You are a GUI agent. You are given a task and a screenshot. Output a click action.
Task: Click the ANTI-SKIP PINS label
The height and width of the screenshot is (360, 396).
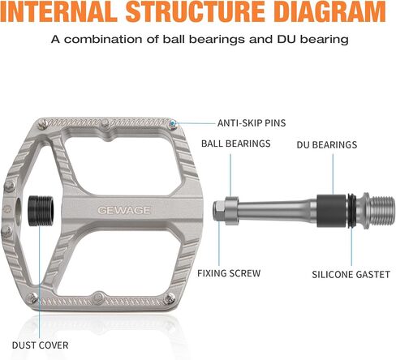tap(252, 123)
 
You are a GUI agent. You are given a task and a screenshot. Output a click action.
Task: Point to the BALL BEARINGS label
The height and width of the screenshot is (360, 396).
tap(236, 144)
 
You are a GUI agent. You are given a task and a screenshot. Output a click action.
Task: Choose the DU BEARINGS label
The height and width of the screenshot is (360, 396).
tap(327, 145)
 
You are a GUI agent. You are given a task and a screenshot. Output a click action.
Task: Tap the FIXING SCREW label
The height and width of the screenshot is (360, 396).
tap(229, 273)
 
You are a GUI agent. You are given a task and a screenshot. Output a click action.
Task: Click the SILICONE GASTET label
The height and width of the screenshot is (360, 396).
tap(351, 275)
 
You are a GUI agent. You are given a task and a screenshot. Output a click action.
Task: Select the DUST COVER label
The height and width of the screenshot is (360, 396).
tap(41, 345)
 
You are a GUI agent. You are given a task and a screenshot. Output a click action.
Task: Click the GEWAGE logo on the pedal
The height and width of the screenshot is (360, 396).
tap(124, 210)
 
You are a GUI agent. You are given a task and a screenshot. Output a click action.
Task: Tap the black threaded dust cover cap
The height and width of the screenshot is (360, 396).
tap(41, 211)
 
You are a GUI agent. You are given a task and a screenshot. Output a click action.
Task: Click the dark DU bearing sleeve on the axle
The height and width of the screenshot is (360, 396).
tap(332, 211)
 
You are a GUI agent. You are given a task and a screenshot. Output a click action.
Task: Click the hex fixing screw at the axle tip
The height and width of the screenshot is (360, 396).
tap(219, 211)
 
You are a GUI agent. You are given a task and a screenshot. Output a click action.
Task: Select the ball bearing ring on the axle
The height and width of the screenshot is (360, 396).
tap(232, 211)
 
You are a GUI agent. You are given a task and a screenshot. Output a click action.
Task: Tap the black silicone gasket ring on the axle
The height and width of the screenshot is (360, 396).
tap(351, 211)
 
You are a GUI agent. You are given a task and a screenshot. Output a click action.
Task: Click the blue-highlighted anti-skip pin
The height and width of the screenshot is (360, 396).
tap(173, 124)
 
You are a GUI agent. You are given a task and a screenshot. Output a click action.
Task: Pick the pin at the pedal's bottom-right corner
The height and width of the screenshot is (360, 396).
tap(170, 298)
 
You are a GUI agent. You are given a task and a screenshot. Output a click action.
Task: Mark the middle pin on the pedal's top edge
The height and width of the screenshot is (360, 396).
tap(105, 124)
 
